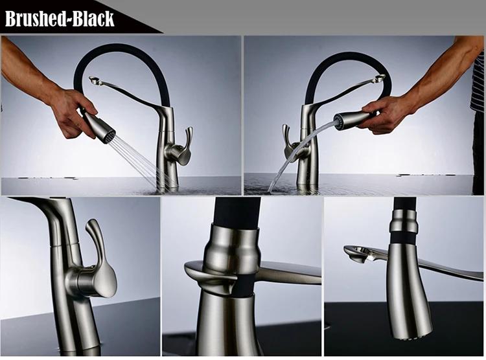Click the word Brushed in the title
pyautogui.click(x=36, y=18)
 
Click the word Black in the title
pyautogui.click(x=93, y=18)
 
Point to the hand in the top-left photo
pyautogui.click(x=71, y=110)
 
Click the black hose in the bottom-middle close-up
pyautogui.click(x=237, y=213)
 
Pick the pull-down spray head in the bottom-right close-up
pyautogui.click(x=408, y=285)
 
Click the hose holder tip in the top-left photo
pyautogui.click(x=95, y=81)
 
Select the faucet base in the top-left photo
pyautogui.click(x=167, y=178)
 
